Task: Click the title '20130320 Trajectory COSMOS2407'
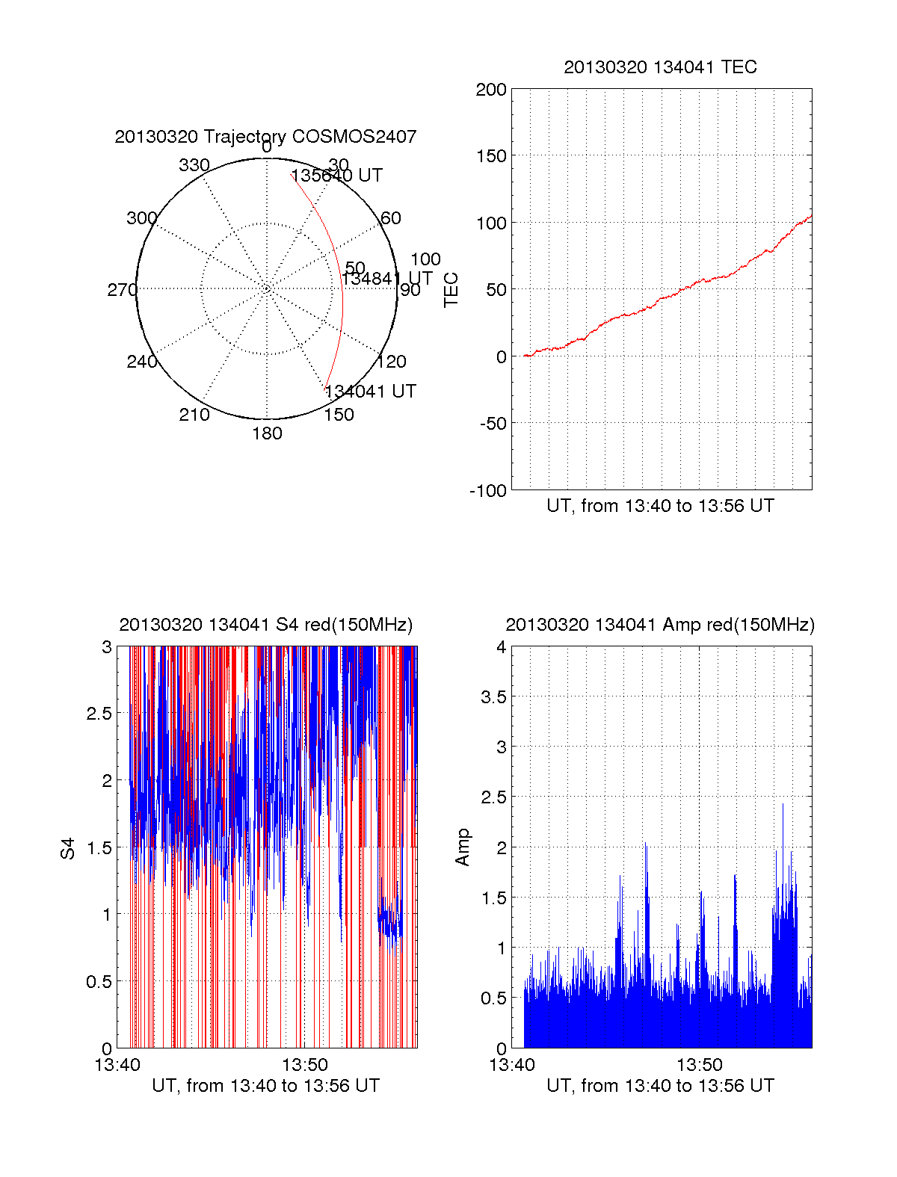click(x=265, y=137)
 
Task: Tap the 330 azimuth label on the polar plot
click(x=194, y=165)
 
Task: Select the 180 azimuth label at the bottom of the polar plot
click(x=267, y=433)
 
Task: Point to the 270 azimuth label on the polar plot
click(x=122, y=290)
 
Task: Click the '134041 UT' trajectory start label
click(x=370, y=392)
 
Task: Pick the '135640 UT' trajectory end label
click(x=336, y=176)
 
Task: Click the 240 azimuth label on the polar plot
click(x=141, y=362)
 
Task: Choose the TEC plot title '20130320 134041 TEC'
click(x=660, y=67)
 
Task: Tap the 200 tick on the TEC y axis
click(x=491, y=90)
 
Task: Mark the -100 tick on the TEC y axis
click(x=488, y=491)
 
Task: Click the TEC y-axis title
click(x=451, y=290)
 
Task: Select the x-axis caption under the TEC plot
click(x=660, y=506)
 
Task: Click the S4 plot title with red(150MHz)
click(x=265, y=625)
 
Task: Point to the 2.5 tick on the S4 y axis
click(x=99, y=714)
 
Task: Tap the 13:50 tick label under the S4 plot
click(x=305, y=1065)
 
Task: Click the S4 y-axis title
click(x=68, y=848)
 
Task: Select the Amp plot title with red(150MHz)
click(x=660, y=625)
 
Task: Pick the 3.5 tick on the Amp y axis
click(x=493, y=697)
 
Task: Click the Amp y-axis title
click(x=463, y=847)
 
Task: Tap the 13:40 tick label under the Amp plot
click(x=512, y=1065)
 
